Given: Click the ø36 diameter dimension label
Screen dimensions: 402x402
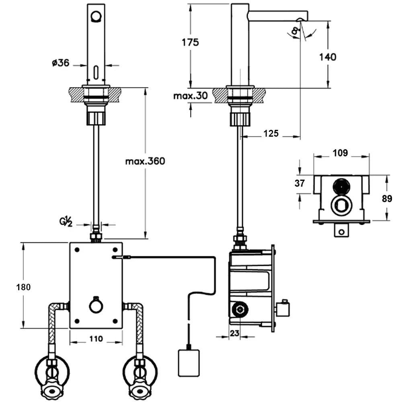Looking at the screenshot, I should (x=61, y=63).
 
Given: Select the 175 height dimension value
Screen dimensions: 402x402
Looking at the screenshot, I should (x=190, y=42).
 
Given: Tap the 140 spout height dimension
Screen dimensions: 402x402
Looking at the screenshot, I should (x=328, y=57).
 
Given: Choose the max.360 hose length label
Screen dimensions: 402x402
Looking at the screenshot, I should (x=145, y=161).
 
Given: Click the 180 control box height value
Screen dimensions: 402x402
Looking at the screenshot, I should (x=24, y=287).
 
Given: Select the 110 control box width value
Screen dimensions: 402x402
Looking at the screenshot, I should (x=96, y=339).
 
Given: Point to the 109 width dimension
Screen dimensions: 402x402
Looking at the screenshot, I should (x=340, y=153).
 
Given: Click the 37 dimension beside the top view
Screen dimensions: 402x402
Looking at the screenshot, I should (x=299, y=183).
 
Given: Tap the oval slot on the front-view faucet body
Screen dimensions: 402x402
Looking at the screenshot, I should (x=96, y=73).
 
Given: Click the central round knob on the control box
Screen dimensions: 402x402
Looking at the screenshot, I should (x=96, y=307).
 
